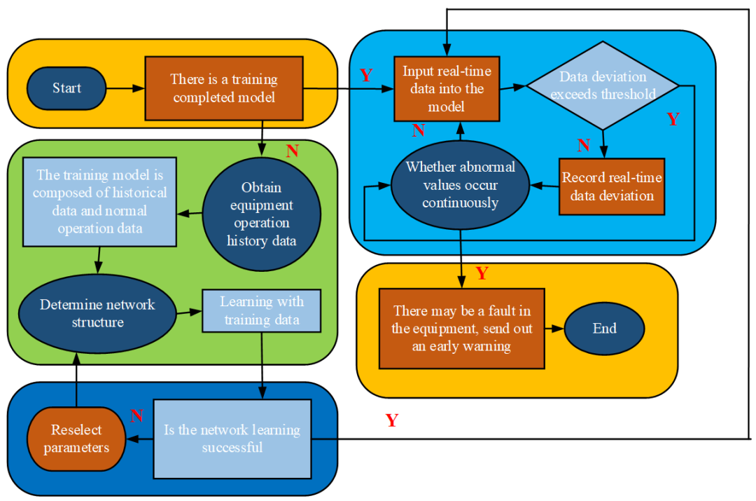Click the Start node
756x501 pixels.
(66, 88)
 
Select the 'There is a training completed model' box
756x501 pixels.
(224, 88)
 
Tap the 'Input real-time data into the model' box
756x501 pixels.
(447, 89)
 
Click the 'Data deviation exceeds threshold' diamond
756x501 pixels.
(603, 85)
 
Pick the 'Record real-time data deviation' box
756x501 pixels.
(612, 187)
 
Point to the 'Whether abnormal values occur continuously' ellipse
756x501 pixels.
(461, 186)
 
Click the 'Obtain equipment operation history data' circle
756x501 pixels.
(261, 214)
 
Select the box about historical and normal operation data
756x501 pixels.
(100, 202)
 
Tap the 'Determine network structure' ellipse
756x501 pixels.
(98, 314)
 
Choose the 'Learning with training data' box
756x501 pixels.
(261, 311)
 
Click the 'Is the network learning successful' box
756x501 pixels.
(232, 439)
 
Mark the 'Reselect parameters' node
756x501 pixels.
(76, 439)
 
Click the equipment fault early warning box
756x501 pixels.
(462, 329)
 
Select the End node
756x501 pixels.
(604, 329)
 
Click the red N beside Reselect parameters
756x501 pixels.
(137, 416)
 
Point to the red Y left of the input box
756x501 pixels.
(366, 75)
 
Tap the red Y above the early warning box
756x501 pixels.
(482, 273)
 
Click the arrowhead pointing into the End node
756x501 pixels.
(559, 329)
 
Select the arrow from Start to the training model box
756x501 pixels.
(125, 88)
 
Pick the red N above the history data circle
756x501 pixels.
(292, 151)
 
